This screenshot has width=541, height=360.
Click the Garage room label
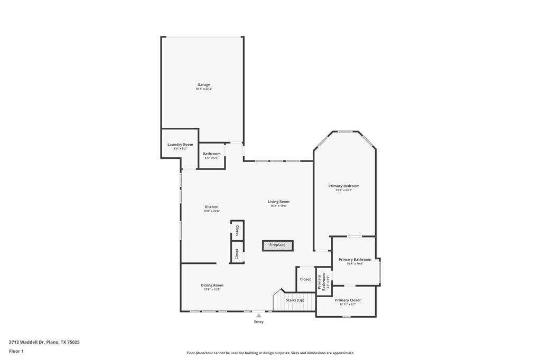tap(203, 84)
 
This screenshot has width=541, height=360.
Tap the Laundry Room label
tap(180, 144)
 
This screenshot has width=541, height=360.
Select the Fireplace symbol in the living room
tap(277, 245)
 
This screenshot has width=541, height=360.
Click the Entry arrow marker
tap(258, 316)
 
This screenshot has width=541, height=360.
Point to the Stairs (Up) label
tap(295, 300)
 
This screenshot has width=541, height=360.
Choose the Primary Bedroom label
tap(343, 186)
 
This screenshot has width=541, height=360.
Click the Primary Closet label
tap(348, 300)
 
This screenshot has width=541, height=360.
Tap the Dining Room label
tap(212, 285)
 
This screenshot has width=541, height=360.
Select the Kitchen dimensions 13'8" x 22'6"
tap(211, 211)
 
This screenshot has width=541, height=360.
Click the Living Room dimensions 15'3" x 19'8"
tap(278, 206)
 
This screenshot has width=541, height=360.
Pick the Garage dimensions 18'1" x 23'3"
tap(203, 89)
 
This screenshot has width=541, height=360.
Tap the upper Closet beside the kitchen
tap(237, 230)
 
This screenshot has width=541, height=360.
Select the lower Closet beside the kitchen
tap(237, 253)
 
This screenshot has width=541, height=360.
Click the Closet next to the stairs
tap(305, 279)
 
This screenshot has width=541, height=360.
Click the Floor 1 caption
tap(16, 351)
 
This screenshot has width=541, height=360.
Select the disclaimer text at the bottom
tap(270, 353)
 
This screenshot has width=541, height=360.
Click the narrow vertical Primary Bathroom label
tap(323, 281)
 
